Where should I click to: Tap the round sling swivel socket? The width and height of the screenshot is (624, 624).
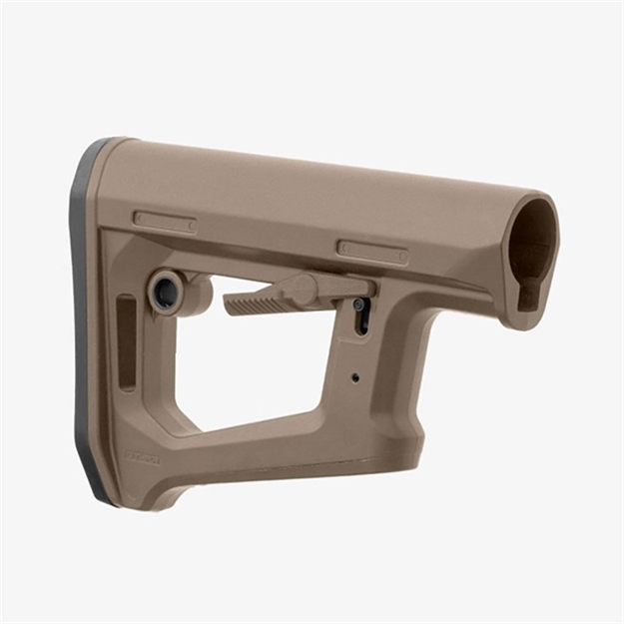pos(167,293)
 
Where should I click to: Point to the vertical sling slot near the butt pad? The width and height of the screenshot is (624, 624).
pos(127,343)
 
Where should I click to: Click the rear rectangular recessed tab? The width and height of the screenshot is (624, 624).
pos(165,221)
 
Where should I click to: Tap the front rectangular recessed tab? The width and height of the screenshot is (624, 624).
pos(371,252)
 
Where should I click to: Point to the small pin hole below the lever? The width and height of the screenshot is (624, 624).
pos(354,377)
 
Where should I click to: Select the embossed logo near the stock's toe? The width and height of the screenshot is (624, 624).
pos(141,458)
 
